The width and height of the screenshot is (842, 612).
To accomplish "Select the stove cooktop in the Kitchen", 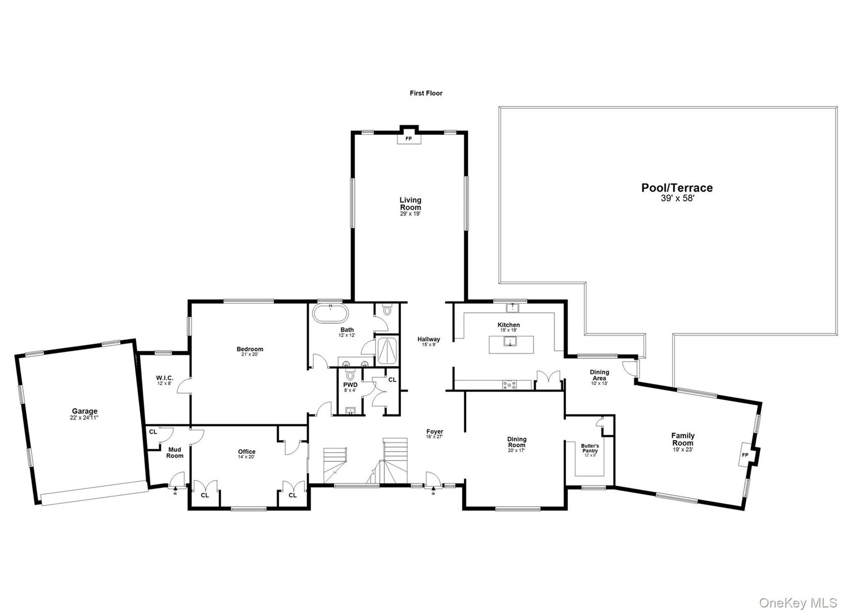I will (510, 385).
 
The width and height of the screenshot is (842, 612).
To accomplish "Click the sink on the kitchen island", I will (510, 342).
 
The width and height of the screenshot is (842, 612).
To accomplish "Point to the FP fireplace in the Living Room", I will (408, 138).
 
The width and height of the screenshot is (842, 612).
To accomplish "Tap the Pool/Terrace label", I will (676, 188).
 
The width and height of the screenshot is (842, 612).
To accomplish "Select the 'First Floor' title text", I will (426, 93).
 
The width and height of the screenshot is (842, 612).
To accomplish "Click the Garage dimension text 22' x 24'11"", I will (84, 418).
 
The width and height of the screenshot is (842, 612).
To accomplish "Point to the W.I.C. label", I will (164, 378).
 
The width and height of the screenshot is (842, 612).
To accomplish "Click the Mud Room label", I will (175, 452).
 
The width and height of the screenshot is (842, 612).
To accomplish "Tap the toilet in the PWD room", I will (350, 375).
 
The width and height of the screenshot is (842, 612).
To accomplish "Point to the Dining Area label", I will (599, 375).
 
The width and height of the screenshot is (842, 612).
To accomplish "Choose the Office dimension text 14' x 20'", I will (247, 458).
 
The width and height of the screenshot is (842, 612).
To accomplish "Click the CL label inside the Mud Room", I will (153, 431).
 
